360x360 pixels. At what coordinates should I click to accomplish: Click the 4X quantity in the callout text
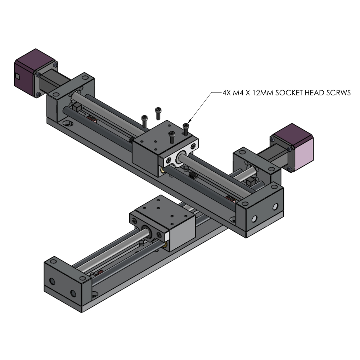(228, 93)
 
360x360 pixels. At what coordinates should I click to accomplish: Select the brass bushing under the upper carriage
(164, 169)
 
